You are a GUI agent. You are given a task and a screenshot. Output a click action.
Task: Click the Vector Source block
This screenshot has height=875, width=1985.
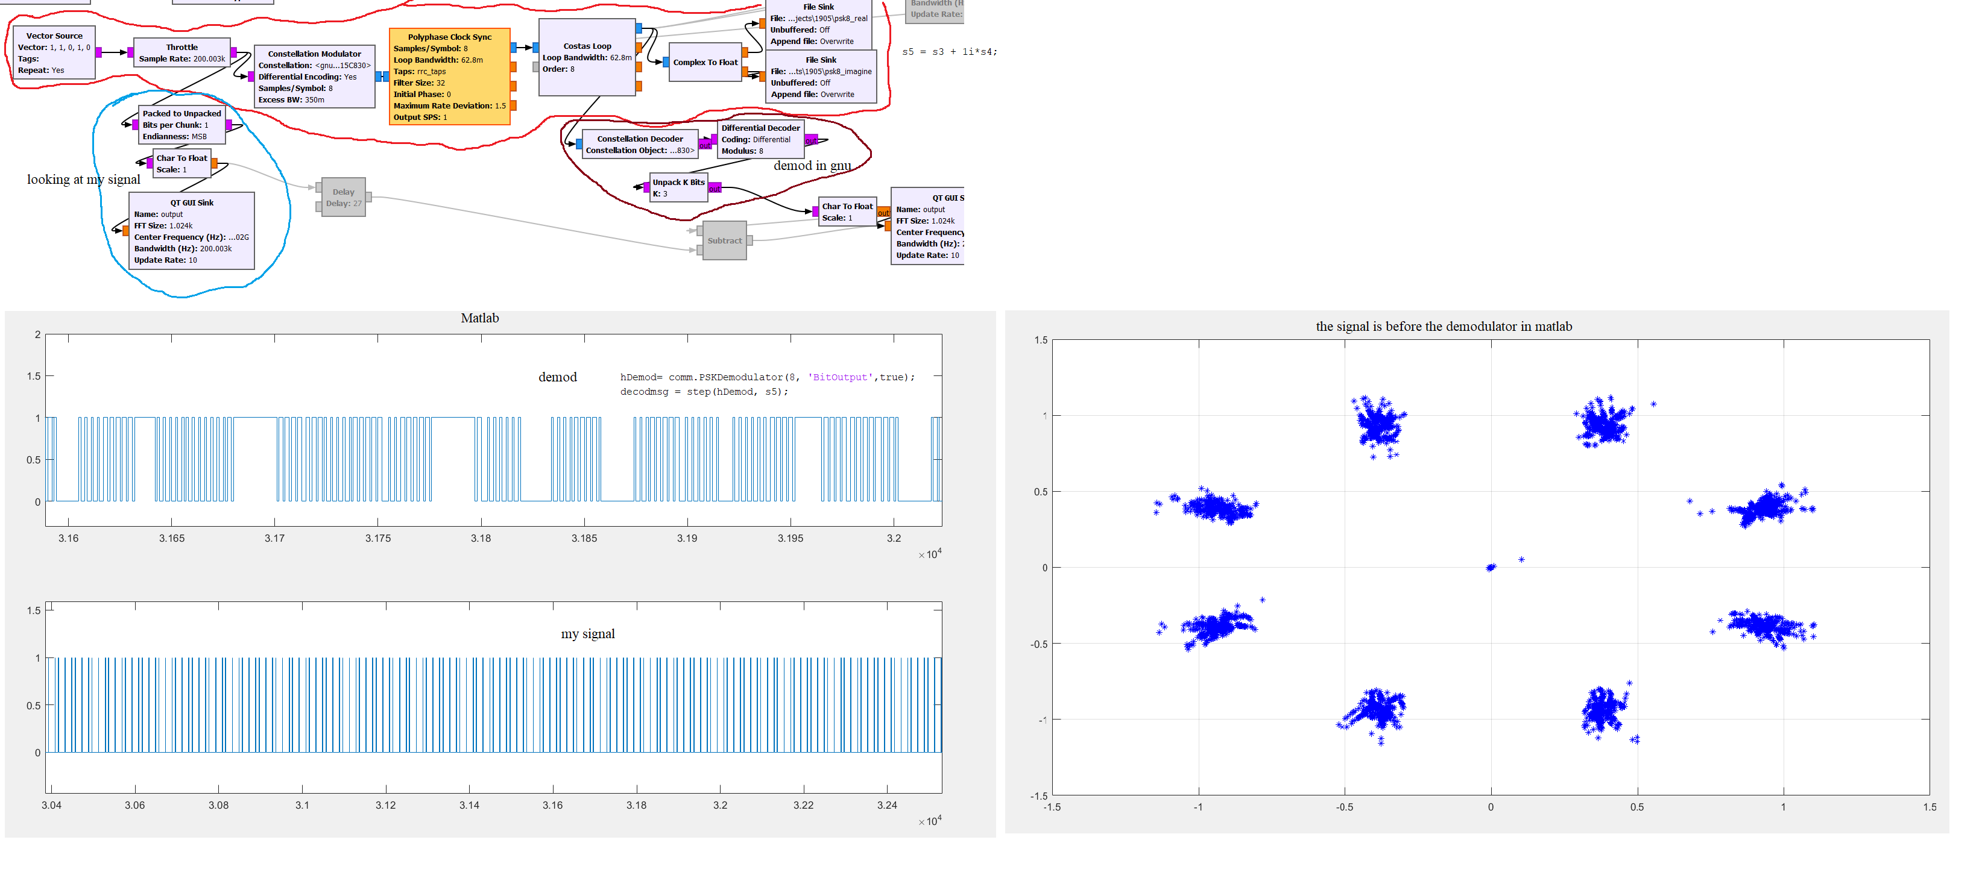click(x=54, y=53)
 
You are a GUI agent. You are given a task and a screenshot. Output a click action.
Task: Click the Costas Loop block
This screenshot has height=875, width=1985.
click(x=587, y=58)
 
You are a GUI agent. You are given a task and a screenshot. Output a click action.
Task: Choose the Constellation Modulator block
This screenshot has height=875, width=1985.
click(x=314, y=77)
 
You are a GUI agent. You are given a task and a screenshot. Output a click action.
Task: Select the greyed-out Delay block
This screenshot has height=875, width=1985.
click(x=343, y=198)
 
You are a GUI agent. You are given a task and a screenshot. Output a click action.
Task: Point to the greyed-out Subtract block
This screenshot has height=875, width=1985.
click(x=724, y=240)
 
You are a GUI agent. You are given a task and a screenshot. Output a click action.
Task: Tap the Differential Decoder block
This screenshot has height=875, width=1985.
click(x=760, y=139)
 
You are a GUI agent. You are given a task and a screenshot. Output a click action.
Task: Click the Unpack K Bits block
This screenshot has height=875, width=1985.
click(x=678, y=188)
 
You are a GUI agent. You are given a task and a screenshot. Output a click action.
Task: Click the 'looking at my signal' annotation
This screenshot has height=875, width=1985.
click(x=83, y=180)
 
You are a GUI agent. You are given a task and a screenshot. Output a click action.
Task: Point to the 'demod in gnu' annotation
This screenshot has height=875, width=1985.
click(x=812, y=166)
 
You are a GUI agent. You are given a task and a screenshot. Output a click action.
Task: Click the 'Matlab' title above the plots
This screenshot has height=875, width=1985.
click(x=479, y=318)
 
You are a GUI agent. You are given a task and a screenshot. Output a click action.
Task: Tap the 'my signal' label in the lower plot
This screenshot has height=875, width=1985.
click(x=587, y=634)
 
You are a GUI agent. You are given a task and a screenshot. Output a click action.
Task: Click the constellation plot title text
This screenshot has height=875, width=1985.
click(x=1444, y=327)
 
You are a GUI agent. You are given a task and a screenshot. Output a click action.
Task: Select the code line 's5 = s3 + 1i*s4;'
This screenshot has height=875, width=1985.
click(x=948, y=52)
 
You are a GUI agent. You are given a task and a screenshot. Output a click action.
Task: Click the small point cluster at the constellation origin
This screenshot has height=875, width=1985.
click(x=1491, y=568)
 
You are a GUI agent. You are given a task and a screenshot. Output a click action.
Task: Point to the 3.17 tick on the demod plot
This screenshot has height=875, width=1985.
click(x=274, y=538)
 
